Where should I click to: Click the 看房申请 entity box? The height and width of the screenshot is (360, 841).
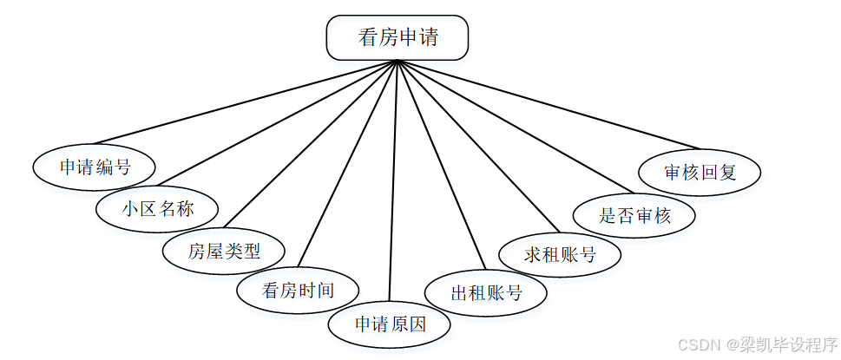coord(397,38)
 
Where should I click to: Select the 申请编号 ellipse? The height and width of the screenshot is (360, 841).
coord(95,167)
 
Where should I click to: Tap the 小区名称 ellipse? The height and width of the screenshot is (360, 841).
coord(156,208)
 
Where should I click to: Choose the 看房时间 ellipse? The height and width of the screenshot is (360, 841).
coord(298,290)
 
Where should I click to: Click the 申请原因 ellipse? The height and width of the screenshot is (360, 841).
coord(390,324)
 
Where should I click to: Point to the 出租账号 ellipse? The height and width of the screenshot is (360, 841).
coord(486,292)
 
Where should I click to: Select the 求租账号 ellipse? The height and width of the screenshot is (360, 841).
coord(561,254)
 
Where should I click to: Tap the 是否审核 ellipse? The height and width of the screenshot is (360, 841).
coord(634,214)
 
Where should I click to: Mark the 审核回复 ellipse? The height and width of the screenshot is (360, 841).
coord(700,171)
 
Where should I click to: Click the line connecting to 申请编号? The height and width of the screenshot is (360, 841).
coord(246,101)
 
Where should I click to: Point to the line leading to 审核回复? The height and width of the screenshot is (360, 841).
coord(549,104)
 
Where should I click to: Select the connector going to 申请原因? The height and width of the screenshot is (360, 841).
coord(393,182)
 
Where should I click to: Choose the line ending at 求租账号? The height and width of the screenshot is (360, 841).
coord(479,147)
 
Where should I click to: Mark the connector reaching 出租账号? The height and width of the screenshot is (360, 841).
coord(440,167)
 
